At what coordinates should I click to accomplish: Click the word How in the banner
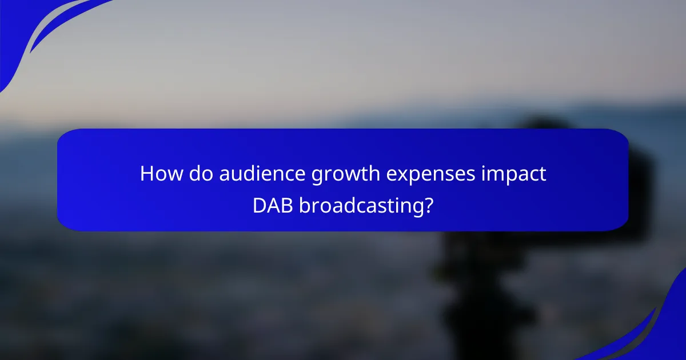click(158, 174)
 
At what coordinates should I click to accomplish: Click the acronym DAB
click(273, 205)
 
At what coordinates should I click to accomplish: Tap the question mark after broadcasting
click(426, 205)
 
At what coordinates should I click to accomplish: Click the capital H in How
click(147, 174)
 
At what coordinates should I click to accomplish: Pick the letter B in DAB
click(285, 205)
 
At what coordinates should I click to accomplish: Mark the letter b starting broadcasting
click(304, 205)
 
